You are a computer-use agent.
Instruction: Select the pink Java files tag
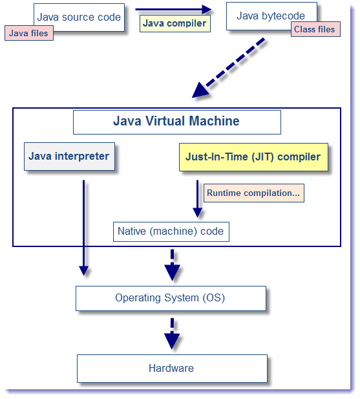click(x=28, y=33)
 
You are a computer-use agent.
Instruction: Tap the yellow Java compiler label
click(x=175, y=24)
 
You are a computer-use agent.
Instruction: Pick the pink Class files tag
click(x=315, y=29)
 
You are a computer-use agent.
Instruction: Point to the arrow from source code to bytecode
click(x=173, y=9)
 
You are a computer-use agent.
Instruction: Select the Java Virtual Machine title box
click(x=176, y=122)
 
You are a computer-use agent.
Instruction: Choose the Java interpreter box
click(x=69, y=156)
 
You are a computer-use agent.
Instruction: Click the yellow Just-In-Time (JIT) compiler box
click(x=253, y=157)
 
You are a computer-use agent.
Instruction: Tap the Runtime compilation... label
click(x=254, y=193)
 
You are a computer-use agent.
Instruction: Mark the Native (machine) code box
click(x=171, y=232)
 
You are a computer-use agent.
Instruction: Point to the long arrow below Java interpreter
click(x=83, y=226)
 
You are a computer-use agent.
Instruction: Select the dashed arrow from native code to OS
click(x=172, y=265)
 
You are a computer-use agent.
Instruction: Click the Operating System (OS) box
click(x=171, y=298)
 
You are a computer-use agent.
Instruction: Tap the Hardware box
click(x=171, y=368)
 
